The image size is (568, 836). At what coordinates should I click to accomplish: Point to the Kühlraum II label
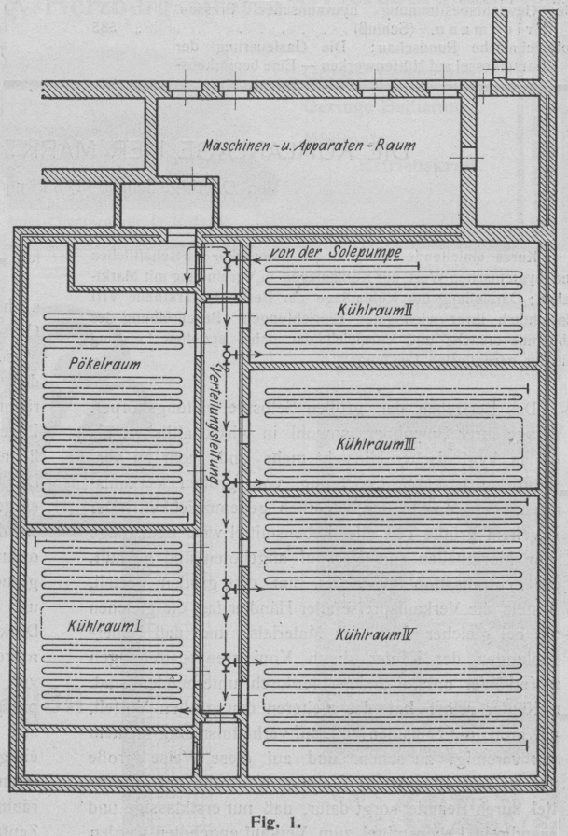368,308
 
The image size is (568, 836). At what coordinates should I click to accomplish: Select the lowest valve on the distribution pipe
227,662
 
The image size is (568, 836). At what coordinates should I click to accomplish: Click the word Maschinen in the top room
241,145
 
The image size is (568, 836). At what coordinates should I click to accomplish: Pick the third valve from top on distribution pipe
227,482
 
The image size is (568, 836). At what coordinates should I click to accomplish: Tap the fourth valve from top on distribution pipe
227,587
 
